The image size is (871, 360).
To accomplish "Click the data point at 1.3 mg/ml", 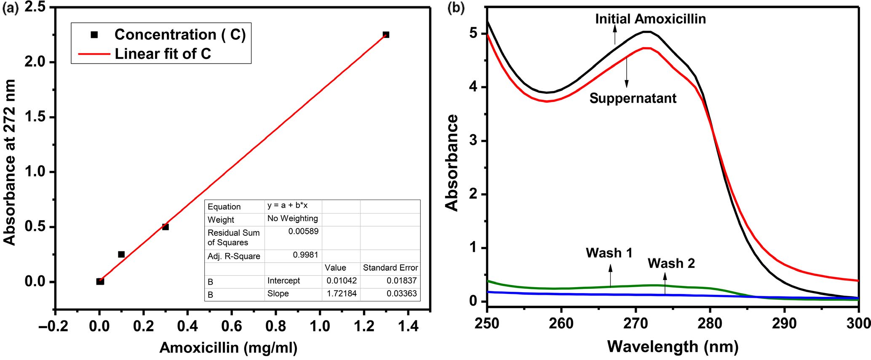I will click(386, 35).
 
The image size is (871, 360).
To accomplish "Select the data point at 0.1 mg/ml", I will click(121, 254).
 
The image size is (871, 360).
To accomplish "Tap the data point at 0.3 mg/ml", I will click(166, 227).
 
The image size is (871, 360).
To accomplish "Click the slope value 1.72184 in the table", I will click(342, 293).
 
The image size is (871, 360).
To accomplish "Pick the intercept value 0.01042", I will click(342, 280).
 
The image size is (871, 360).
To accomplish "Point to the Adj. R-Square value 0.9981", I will click(305, 255).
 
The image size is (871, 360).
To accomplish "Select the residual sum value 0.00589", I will click(303, 231).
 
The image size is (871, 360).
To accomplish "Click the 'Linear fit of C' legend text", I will click(163, 54).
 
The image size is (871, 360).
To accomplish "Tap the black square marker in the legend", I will click(94, 35).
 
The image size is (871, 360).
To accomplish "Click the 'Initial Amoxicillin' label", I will click(650, 19).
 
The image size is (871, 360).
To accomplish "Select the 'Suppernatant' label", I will click(633, 98).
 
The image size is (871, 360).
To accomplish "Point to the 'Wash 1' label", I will click(609, 253).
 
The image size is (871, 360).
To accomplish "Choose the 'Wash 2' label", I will click(671, 263).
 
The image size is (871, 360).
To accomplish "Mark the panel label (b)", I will click(456, 8).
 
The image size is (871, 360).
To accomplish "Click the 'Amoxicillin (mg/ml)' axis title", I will click(228, 348).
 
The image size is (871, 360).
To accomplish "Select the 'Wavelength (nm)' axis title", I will click(673, 347).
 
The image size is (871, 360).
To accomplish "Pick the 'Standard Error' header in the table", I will click(390, 268).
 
